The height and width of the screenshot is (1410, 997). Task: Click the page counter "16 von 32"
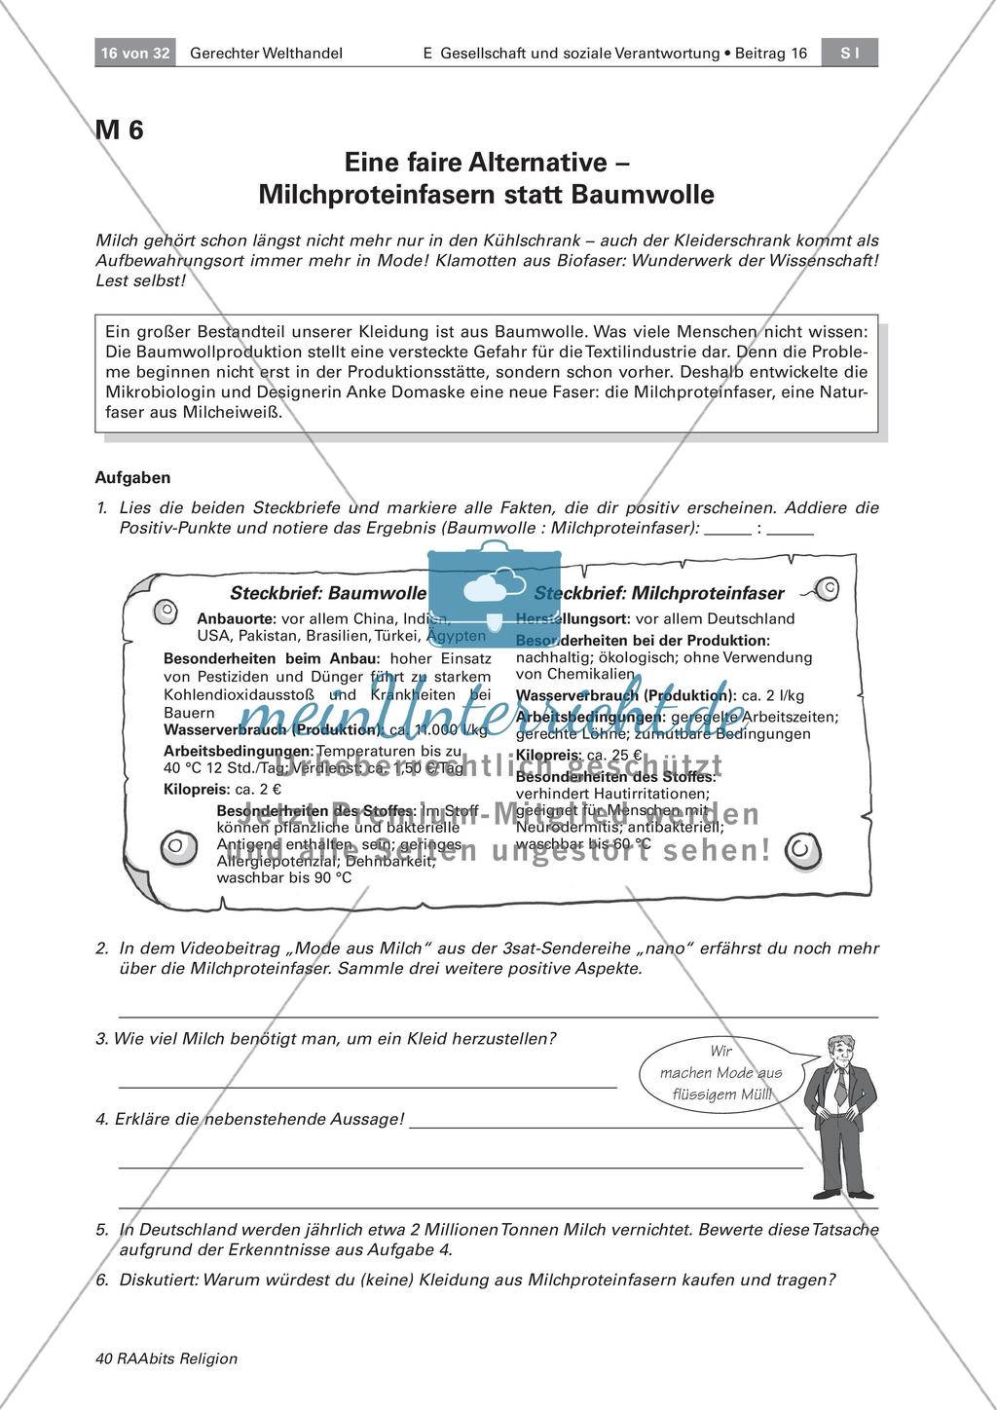click(134, 54)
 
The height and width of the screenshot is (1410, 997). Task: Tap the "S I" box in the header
click(850, 54)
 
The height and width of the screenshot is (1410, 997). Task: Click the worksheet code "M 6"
click(119, 130)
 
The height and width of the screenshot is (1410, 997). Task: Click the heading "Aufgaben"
click(132, 477)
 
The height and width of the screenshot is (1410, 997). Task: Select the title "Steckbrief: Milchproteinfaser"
click(673, 592)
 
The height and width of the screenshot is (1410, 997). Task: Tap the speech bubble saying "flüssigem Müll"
click(721, 1072)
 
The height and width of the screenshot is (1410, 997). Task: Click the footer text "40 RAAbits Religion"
click(166, 1358)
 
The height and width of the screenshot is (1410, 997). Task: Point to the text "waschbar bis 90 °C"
click(284, 876)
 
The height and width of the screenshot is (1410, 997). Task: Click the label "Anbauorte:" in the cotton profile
click(236, 618)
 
